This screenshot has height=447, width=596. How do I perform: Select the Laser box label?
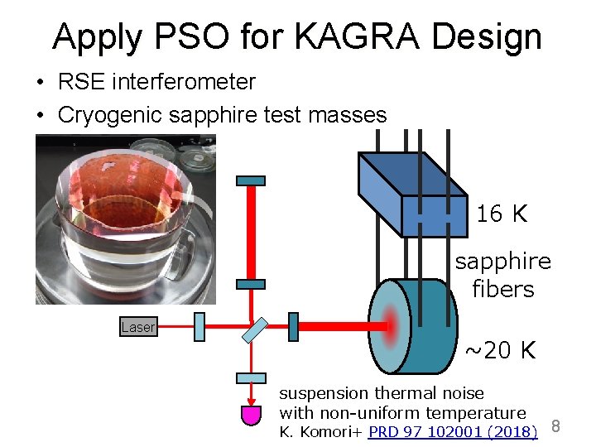click(x=137, y=327)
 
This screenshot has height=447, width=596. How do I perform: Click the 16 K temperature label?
click(x=502, y=214)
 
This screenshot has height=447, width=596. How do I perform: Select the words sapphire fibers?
click(x=502, y=276)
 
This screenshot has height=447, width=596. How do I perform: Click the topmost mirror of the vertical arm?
click(x=251, y=180)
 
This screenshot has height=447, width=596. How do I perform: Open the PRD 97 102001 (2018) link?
click(x=453, y=430)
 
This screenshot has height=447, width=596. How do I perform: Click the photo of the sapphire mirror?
click(x=125, y=220)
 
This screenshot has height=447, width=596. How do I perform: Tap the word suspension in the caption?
click(x=324, y=393)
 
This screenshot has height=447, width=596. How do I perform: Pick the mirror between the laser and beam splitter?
click(x=199, y=327)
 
